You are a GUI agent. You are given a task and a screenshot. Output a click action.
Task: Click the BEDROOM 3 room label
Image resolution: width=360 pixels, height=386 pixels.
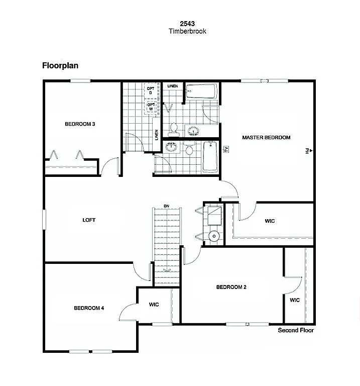pyautogui.click(x=80, y=124)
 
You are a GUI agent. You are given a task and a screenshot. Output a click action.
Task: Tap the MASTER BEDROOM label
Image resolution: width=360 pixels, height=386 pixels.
pyautogui.click(x=266, y=137)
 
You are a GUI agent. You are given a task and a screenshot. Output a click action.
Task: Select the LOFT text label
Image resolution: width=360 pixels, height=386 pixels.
pyautogui.click(x=89, y=220)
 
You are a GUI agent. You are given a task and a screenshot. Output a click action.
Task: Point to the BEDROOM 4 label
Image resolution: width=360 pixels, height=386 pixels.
pyautogui.click(x=89, y=308)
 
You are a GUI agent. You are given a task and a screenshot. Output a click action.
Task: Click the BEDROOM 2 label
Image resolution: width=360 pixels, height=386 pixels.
pyautogui.click(x=231, y=287)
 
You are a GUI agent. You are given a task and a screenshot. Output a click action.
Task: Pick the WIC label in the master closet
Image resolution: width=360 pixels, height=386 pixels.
pyautogui.click(x=270, y=221)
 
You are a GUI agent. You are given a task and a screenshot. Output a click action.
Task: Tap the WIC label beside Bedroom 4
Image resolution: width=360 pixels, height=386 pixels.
pyautogui.click(x=154, y=305)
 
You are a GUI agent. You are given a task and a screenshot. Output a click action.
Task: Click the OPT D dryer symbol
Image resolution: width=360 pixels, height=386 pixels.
pyautogui.click(x=150, y=90)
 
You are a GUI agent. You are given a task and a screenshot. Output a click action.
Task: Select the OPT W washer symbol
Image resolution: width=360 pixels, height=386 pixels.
pyautogui.click(x=150, y=106)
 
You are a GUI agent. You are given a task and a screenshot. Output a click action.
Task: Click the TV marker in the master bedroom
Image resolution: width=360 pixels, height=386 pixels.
pyautogui.click(x=226, y=149)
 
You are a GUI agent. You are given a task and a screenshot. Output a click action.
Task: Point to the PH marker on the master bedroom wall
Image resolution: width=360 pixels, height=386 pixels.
pyautogui.click(x=307, y=150)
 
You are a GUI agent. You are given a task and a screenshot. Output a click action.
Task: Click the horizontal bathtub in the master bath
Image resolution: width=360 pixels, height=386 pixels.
pyautogui.click(x=201, y=92)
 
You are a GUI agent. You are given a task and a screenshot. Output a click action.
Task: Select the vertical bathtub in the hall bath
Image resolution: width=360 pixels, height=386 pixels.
pyautogui.click(x=210, y=157)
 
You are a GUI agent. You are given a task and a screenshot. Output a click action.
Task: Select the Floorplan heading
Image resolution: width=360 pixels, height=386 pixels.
pyautogui.click(x=60, y=65)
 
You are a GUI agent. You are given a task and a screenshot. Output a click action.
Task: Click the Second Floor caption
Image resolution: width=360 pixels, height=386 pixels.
pyautogui.click(x=296, y=330)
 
